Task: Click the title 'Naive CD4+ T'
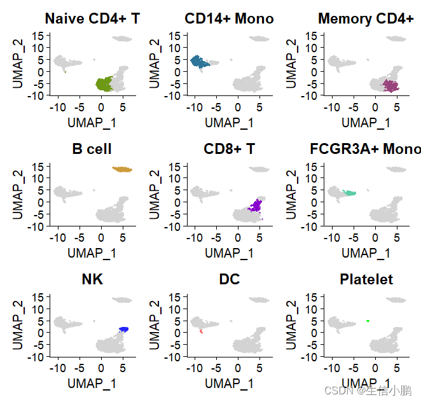click(x=92, y=19)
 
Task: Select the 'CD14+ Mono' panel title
click(x=229, y=19)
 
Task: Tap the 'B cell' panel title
click(x=92, y=149)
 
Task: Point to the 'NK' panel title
click(x=92, y=280)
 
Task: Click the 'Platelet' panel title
click(x=366, y=280)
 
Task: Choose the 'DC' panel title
click(x=229, y=280)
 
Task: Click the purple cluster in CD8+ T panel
click(x=256, y=205)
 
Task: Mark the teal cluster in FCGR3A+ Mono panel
click(x=349, y=192)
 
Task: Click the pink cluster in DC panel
click(x=201, y=331)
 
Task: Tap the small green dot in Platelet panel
click(x=368, y=321)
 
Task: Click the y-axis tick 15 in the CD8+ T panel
click(x=162, y=167)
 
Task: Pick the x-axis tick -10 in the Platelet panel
click(x=332, y=368)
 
